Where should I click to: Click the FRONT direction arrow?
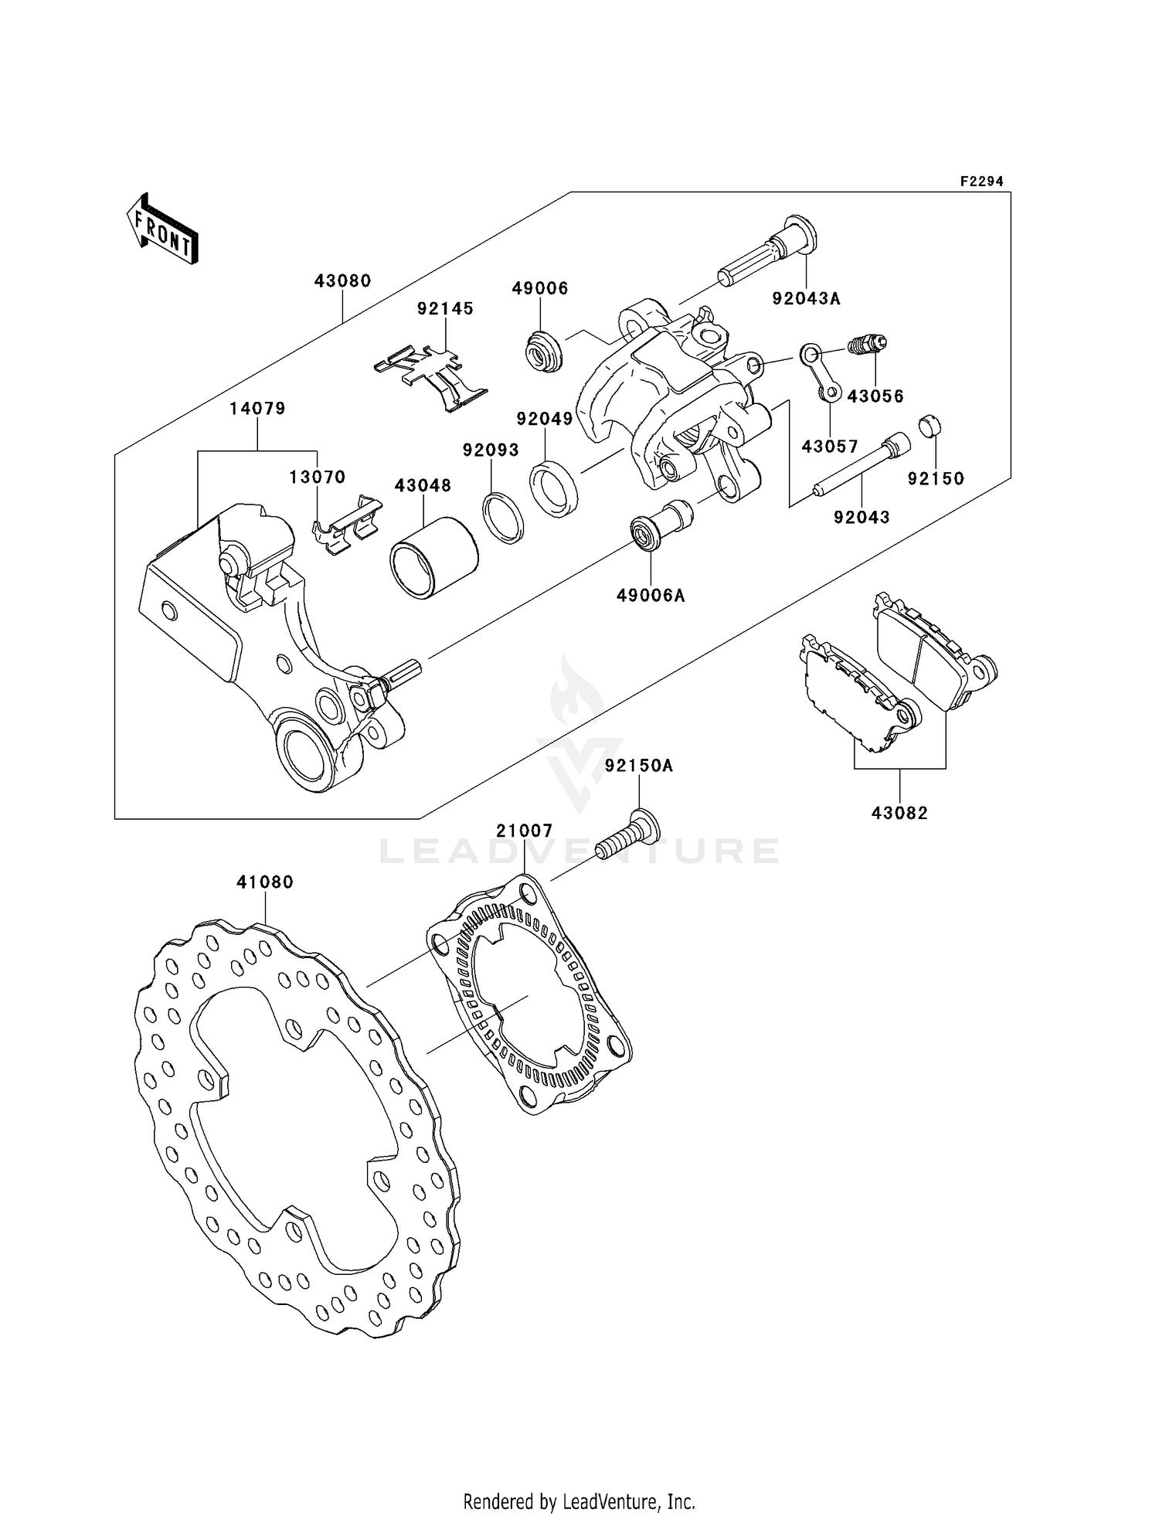point(162,229)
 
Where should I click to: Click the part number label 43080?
point(342,281)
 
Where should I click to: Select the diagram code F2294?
point(981,182)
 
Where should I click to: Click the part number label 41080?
point(265,882)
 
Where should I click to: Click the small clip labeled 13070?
point(348,524)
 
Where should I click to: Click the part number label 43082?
point(899,813)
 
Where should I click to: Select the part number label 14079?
point(257,408)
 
